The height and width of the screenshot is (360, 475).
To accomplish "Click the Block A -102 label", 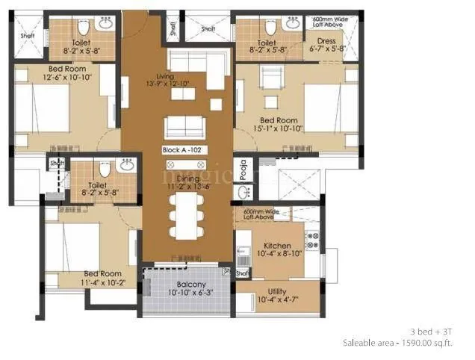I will click(x=184, y=150).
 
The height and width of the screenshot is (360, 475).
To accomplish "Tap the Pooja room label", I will click(x=242, y=170).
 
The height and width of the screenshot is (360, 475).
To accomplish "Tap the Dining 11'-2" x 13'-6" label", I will click(x=183, y=182).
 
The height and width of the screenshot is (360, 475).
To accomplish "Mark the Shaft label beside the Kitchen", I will click(x=242, y=273).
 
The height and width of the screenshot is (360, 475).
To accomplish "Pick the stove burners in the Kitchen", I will click(x=313, y=240).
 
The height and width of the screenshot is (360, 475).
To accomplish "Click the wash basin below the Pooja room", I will click(x=242, y=193).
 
